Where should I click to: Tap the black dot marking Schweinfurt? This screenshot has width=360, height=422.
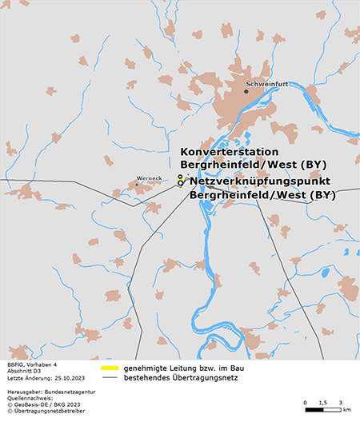click(x=246, y=91)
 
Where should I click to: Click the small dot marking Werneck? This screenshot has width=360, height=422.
click(x=137, y=185)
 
